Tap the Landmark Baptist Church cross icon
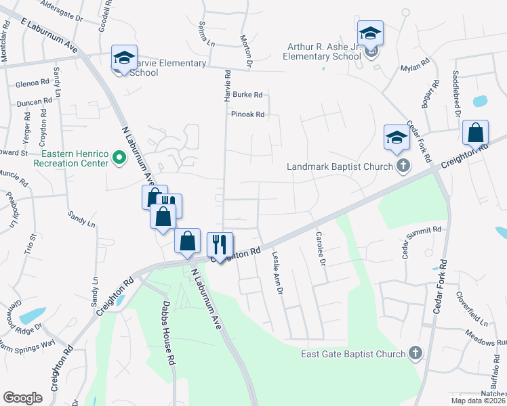[x=403, y=166]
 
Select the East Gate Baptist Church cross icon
[x=415, y=353]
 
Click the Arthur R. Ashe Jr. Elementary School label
[x=323, y=52]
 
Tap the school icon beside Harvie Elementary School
[x=124, y=58]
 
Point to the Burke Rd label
[x=247, y=95]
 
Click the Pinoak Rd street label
[x=247, y=114]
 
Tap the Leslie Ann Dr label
[x=277, y=273]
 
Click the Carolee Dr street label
[x=321, y=248]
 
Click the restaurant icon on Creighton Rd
[x=220, y=244]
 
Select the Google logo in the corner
[x=23, y=397]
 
